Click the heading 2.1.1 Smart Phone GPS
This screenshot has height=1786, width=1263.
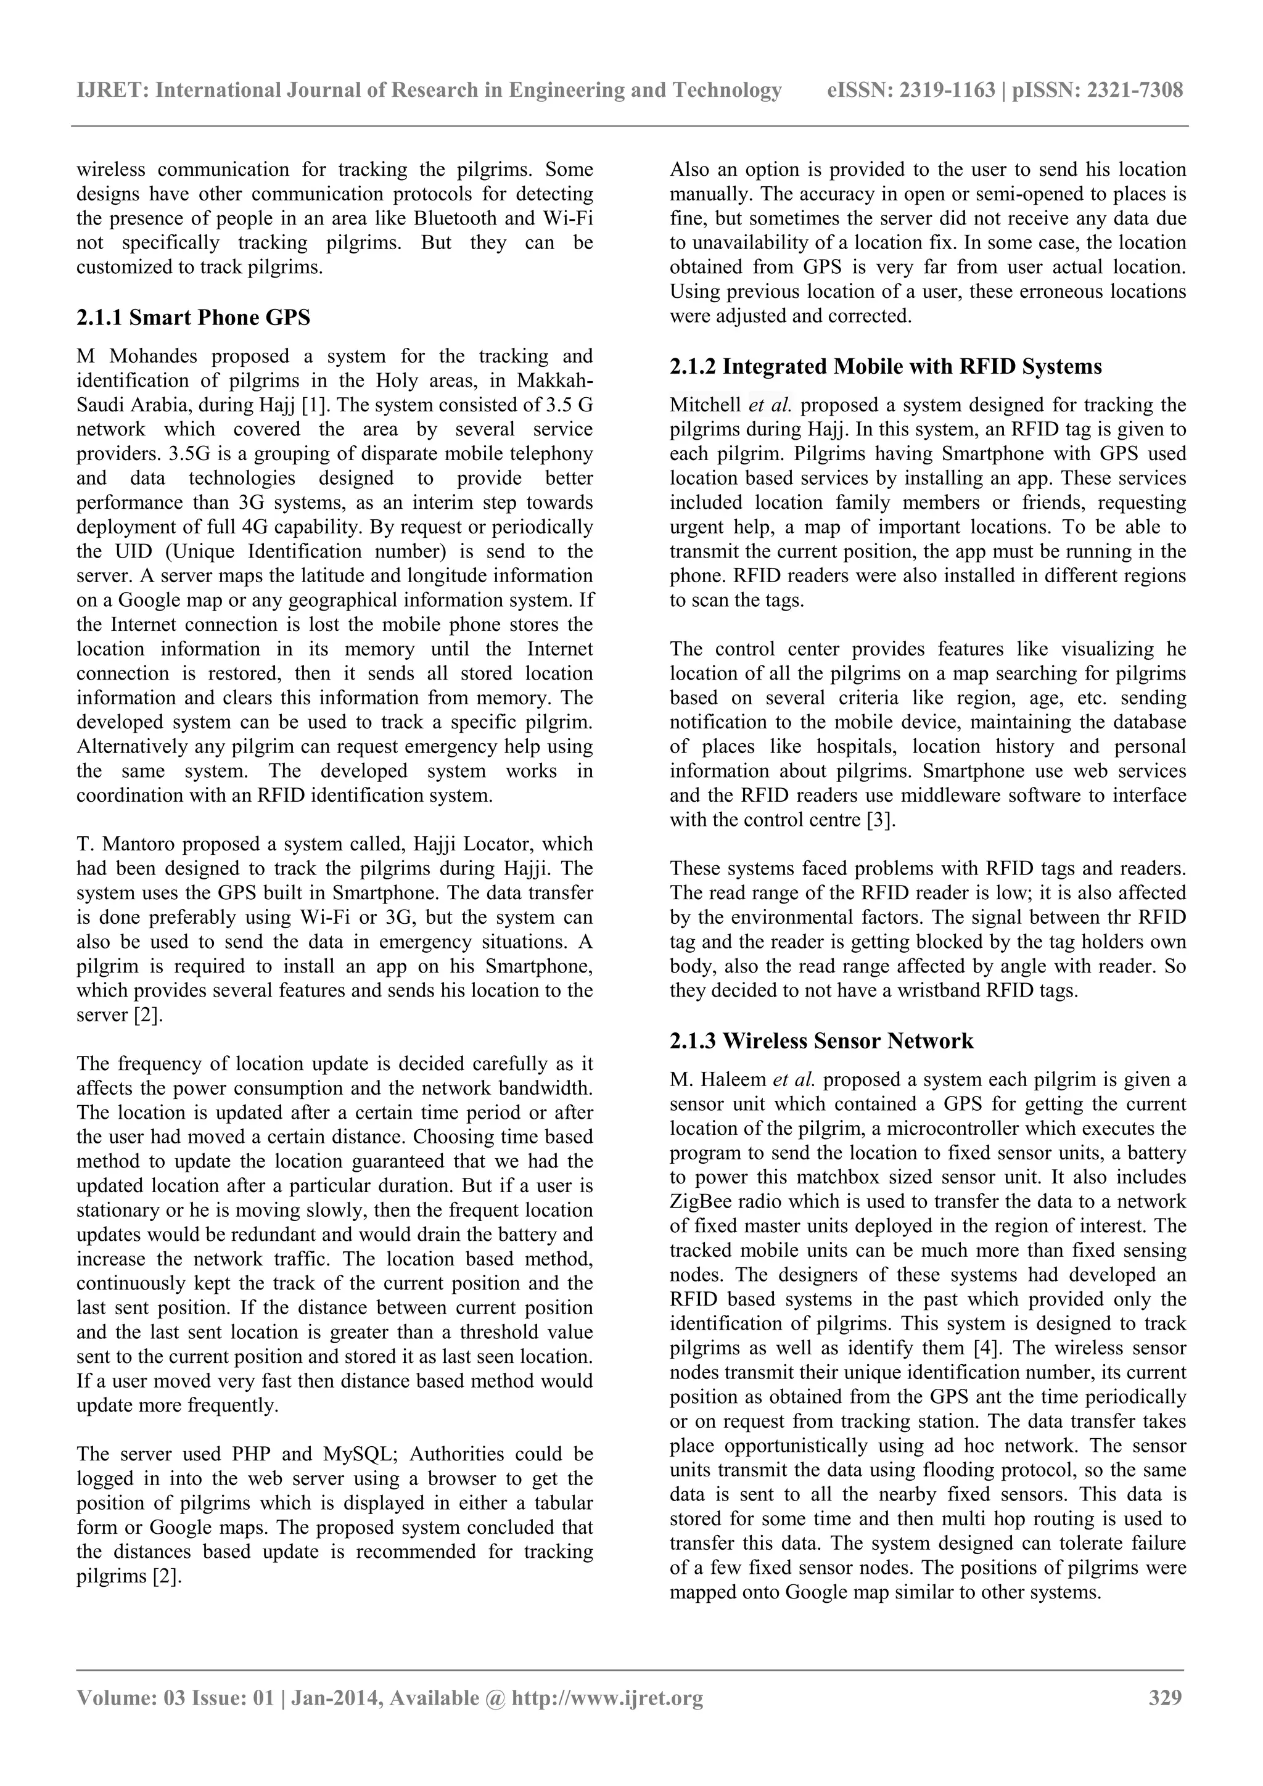(193, 318)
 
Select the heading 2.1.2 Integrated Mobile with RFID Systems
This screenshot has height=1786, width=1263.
(885, 366)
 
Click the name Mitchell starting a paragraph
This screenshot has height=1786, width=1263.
(706, 405)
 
